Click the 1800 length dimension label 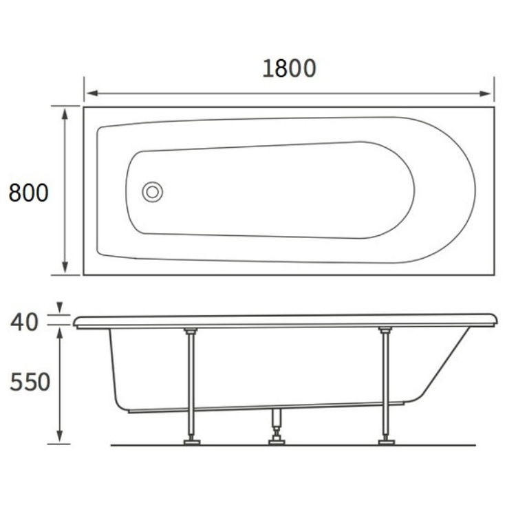pos(289,68)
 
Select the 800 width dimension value pos(29,193)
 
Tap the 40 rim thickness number pos(24,322)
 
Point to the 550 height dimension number pos(30,382)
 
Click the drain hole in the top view pos(152,192)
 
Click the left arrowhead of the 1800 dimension pos(92,94)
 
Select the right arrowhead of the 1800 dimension pos(485,94)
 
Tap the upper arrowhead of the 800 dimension pos(65,114)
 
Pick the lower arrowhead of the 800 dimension pos(65,267)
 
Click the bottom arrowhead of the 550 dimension pos(60,436)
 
